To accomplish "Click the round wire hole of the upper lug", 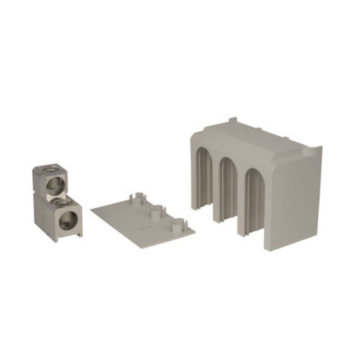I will coord(56,182).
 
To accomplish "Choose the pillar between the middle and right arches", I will coord(241,192).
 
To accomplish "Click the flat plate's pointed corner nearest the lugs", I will coord(92,210).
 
